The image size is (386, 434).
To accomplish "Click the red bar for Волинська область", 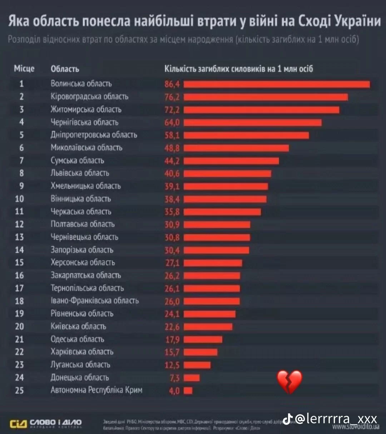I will click(277, 84).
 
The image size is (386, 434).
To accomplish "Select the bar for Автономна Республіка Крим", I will click(188, 391).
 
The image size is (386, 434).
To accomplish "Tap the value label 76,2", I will click(172, 97).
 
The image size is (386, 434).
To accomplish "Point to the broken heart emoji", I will click(290, 381).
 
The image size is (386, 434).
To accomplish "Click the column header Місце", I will click(24, 69).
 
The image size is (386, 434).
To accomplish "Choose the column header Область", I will click(65, 69).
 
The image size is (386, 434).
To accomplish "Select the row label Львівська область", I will click(80, 173).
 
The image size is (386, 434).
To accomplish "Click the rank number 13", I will click(19, 237).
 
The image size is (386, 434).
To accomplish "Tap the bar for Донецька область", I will click(192, 378).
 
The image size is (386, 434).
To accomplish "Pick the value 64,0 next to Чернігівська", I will click(172, 123).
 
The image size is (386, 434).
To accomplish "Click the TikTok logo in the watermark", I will click(288, 418).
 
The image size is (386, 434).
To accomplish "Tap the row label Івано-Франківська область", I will click(95, 301).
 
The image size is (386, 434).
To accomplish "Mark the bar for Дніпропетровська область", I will click(246, 135).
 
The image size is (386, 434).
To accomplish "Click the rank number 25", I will click(19, 390).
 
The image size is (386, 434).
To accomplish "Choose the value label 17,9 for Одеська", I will click(172, 339).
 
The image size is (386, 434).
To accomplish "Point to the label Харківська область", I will click(82, 352).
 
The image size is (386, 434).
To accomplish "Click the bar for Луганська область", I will click(197, 365).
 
